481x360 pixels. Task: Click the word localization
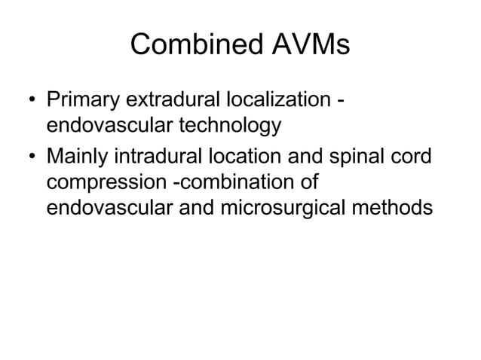(283, 100)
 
